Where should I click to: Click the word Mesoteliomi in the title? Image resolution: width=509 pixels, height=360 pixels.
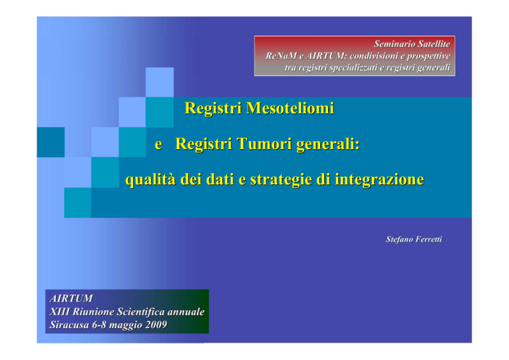[290, 108]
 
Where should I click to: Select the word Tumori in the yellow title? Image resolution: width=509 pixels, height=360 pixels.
[264, 144]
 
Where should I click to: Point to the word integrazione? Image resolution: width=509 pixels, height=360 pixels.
[380, 180]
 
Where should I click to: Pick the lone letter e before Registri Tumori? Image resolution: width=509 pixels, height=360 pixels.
[158, 145]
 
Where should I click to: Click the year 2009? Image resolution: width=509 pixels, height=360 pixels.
[156, 325]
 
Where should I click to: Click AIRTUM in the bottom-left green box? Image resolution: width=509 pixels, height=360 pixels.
[72, 298]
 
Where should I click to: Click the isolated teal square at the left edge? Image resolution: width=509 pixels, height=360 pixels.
[50, 142]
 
